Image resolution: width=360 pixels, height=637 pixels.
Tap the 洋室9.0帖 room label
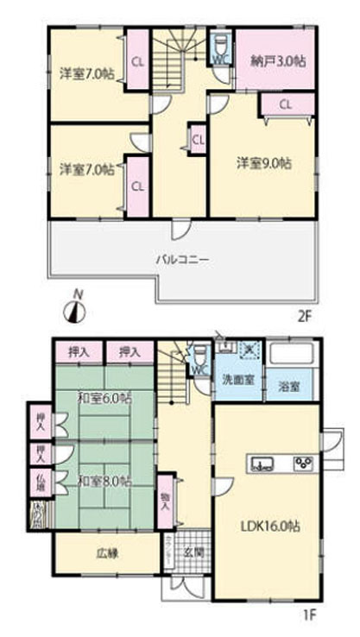click(x=263, y=161)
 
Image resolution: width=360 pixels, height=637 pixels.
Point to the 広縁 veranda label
click(x=106, y=552)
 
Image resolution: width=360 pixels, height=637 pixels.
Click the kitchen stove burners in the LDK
click(x=302, y=464)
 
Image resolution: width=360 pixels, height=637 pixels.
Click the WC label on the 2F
click(x=219, y=59)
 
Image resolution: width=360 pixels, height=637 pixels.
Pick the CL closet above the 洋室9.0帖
click(x=286, y=104)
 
